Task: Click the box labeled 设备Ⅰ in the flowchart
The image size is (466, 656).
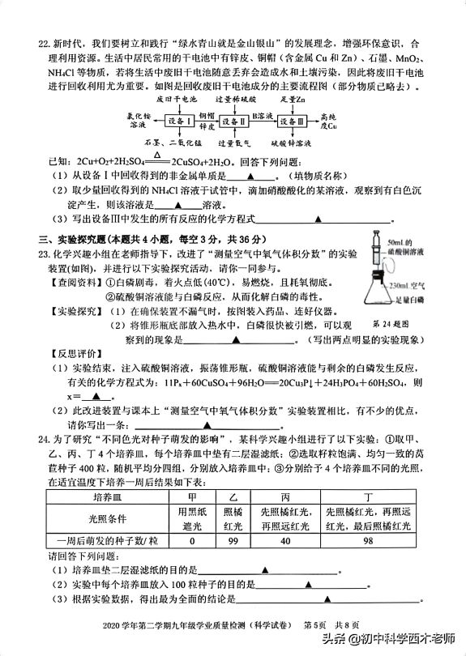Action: [x=179, y=120]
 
